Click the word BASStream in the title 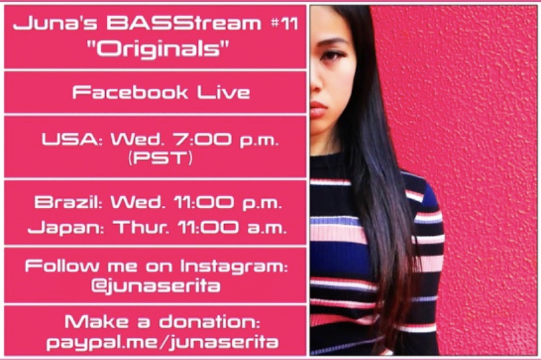click(183, 24)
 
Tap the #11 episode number click(284, 24)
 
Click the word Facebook click(130, 92)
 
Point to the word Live click(223, 92)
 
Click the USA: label click(72, 139)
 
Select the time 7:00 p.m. click(225, 140)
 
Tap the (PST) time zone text click(161, 158)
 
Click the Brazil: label click(69, 202)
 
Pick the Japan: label click(65, 228)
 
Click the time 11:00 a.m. click(232, 228)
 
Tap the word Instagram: click(235, 267)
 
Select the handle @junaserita click(156, 286)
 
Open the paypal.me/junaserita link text click(162, 342)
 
